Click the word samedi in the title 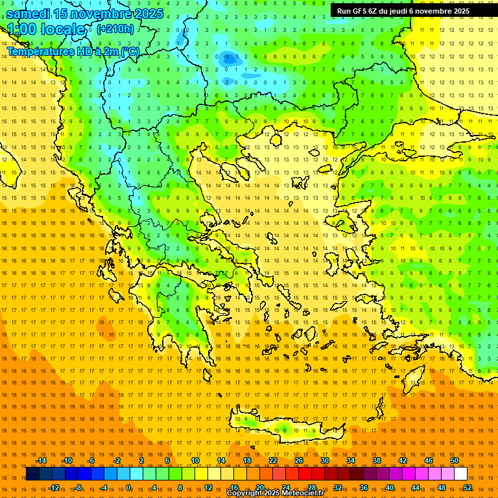28,13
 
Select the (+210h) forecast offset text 115,29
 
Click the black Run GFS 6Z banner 403,11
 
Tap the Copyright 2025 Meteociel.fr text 275,493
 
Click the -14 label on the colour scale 41,460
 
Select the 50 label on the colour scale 455,460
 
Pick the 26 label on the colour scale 299,460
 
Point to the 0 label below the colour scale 129,488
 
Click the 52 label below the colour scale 468,488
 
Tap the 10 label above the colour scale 195,460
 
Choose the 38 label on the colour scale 377,460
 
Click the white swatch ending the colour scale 460,474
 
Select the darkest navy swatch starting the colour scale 32,474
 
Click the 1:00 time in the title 21,29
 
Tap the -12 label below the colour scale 54,488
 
